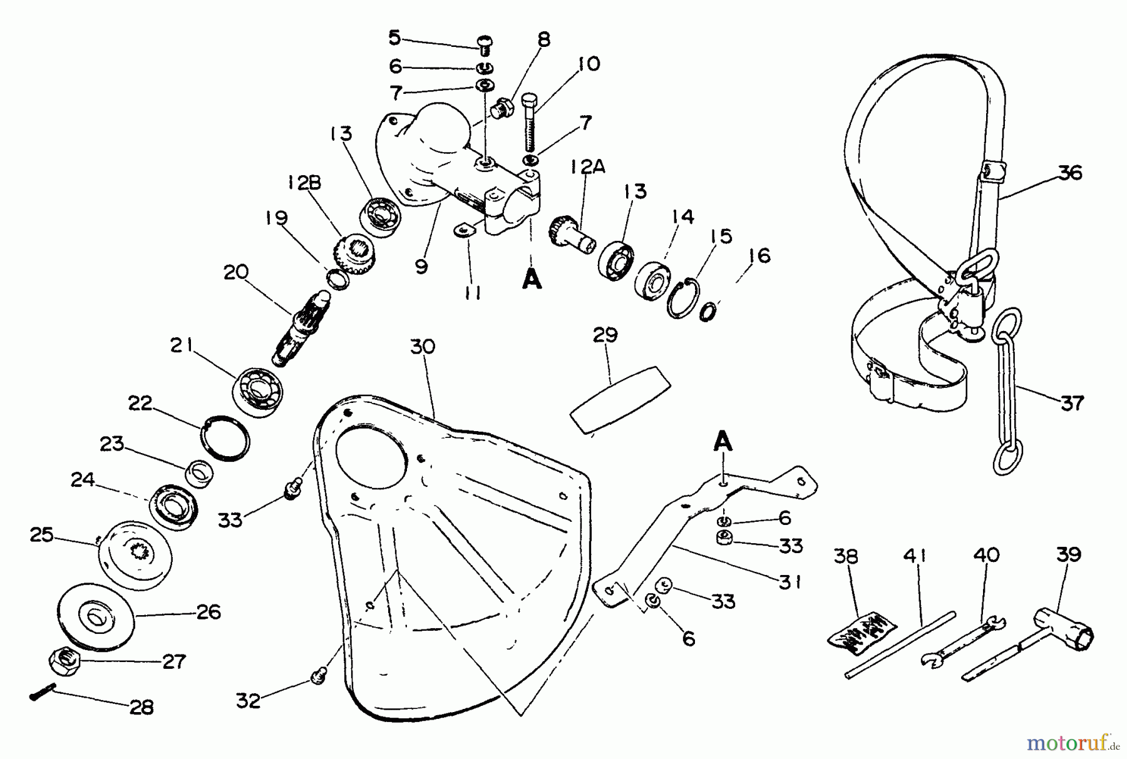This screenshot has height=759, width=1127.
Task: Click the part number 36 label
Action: pyautogui.click(x=1071, y=172)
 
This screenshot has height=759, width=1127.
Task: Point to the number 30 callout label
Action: pyautogui.click(x=423, y=347)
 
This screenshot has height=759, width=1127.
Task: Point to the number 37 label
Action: pyautogui.click(x=1072, y=402)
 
